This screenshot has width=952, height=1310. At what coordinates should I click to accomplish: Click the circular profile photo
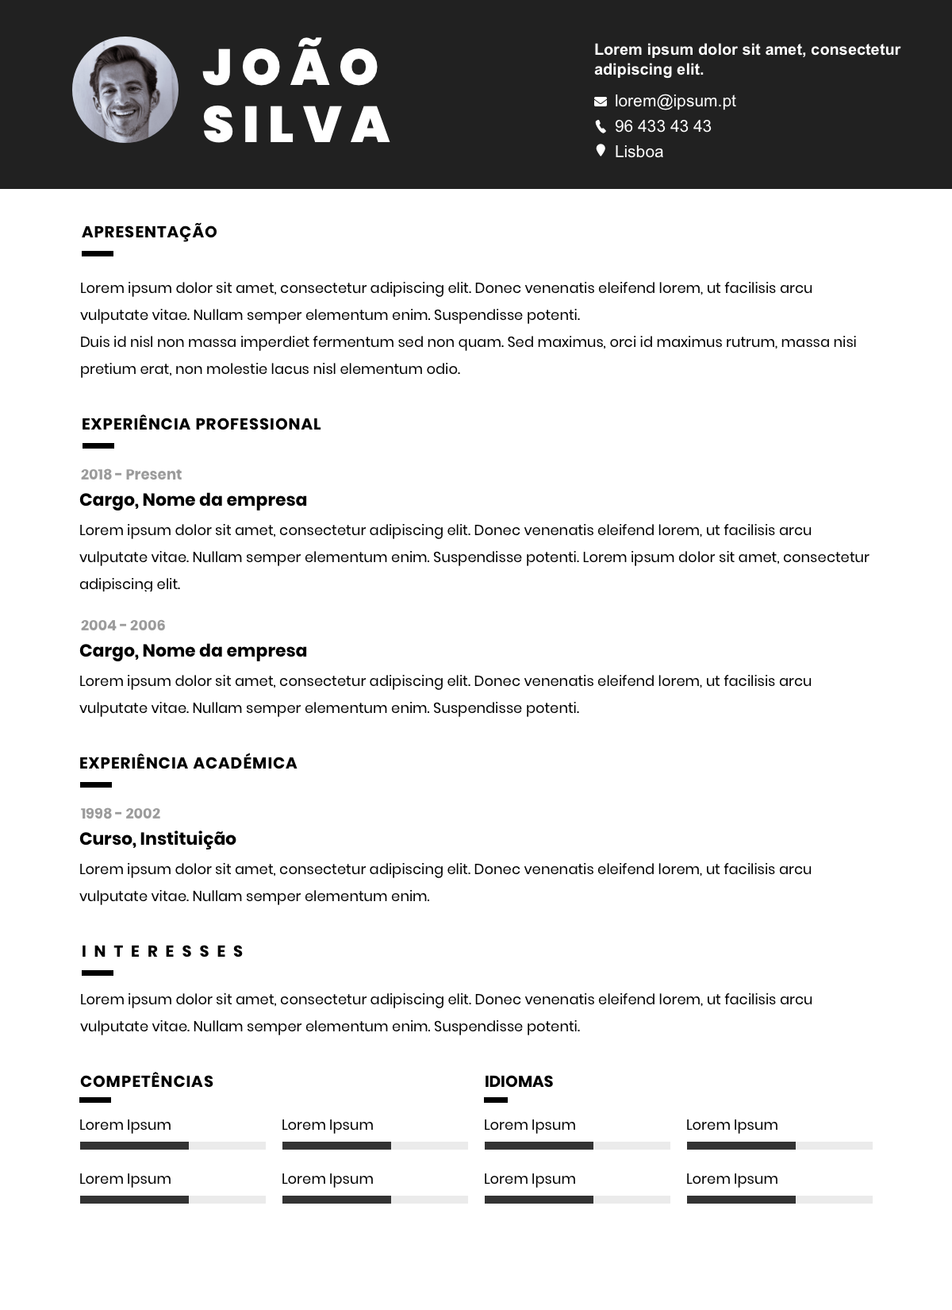(x=125, y=90)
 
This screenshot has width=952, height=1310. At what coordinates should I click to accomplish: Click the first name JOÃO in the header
(x=292, y=67)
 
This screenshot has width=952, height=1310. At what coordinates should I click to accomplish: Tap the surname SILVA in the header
(x=297, y=124)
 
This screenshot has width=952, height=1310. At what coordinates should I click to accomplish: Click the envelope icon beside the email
(x=601, y=102)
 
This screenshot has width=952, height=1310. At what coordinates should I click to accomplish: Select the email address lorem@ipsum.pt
(x=675, y=101)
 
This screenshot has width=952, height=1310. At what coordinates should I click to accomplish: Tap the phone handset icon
(x=601, y=126)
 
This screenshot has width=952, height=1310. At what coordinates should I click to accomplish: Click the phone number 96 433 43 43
(x=662, y=126)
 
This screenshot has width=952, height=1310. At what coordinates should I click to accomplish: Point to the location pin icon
(x=601, y=151)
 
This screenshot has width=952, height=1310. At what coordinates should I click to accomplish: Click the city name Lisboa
(x=639, y=152)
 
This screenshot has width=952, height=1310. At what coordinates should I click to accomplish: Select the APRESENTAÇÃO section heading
(x=149, y=232)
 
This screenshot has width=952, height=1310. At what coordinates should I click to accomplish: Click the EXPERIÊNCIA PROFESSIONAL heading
(x=201, y=424)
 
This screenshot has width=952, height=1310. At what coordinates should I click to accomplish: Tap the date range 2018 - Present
(x=131, y=475)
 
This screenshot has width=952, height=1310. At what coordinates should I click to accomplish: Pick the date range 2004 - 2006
(x=123, y=626)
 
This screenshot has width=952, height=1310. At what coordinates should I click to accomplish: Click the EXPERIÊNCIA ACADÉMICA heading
(x=188, y=763)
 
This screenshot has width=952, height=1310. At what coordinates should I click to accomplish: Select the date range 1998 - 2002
(x=121, y=814)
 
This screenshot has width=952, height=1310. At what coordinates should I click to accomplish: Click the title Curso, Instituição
(x=158, y=839)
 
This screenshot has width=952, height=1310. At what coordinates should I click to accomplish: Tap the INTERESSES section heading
(x=163, y=951)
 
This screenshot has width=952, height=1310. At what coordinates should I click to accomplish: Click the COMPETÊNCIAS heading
(x=147, y=1081)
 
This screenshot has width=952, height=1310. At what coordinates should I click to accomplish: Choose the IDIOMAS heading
(x=519, y=1081)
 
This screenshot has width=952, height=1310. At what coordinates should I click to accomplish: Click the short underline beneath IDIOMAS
(x=496, y=1100)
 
